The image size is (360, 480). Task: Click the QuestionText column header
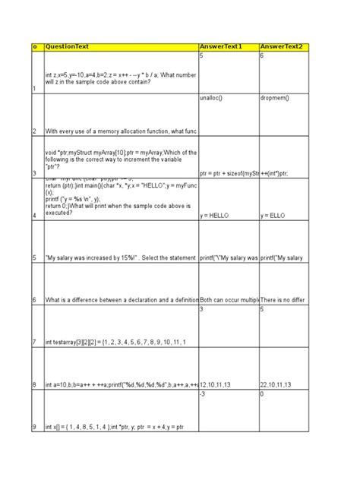click(x=67, y=47)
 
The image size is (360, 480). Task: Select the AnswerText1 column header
click(x=220, y=47)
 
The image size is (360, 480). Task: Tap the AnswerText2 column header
click(x=280, y=47)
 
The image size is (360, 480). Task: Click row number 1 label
click(x=34, y=89)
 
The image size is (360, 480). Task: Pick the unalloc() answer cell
click(x=210, y=99)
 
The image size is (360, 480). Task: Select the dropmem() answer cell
click(x=274, y=99)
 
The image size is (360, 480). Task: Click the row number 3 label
click(x=34, y=173)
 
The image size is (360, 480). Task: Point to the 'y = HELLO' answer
click(x=216, y=216)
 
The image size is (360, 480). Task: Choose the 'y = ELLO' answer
click(x=274, y=216)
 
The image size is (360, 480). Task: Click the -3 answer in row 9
click(x=204, y=395)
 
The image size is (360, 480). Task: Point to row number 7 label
click(x=34, y=343)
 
